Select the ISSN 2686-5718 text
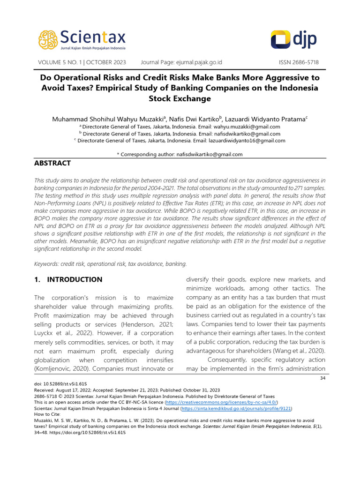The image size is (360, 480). (x=299, y=62)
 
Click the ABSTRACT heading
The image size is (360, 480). (x=52, y=163)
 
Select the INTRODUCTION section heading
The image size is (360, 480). (x=68, y=279)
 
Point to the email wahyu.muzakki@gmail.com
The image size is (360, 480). (x=244, y=127)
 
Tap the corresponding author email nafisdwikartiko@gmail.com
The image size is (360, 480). (x=209, y=154)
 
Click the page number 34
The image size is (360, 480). (x=322, y=378)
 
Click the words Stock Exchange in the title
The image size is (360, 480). (x=180, y=98)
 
